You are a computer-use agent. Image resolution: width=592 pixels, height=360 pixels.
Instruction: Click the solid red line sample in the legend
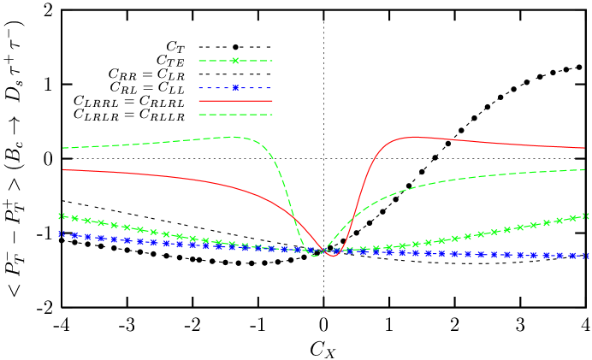(235, 101)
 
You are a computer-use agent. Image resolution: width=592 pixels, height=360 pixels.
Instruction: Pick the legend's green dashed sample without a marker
(235, 114)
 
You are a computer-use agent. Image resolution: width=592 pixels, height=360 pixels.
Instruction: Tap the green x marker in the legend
(235, 61)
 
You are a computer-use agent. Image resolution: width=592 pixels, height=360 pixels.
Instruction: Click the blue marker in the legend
(235, 88)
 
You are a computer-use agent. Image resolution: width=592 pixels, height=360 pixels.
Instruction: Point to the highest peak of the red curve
(417, 136)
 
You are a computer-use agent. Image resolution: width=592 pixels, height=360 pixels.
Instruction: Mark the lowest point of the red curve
(333, 255)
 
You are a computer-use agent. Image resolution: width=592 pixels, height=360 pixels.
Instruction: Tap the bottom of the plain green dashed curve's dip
(315, 255)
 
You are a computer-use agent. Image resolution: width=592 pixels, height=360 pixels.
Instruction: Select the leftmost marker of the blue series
(62, 233)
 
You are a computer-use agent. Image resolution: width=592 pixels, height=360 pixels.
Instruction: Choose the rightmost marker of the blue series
(586, 256)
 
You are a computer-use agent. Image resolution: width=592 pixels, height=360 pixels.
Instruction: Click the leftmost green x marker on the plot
(62, 216)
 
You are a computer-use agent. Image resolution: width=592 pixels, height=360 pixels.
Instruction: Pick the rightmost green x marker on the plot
(586, 216)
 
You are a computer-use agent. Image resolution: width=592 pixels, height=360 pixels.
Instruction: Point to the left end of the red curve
(63, 169)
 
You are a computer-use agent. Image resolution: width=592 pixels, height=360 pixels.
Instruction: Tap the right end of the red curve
(584, 148)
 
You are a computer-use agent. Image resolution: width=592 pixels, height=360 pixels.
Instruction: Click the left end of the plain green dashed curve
(63, 148)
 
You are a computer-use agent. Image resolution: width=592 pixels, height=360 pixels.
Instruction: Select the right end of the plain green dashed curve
(584, 169)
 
